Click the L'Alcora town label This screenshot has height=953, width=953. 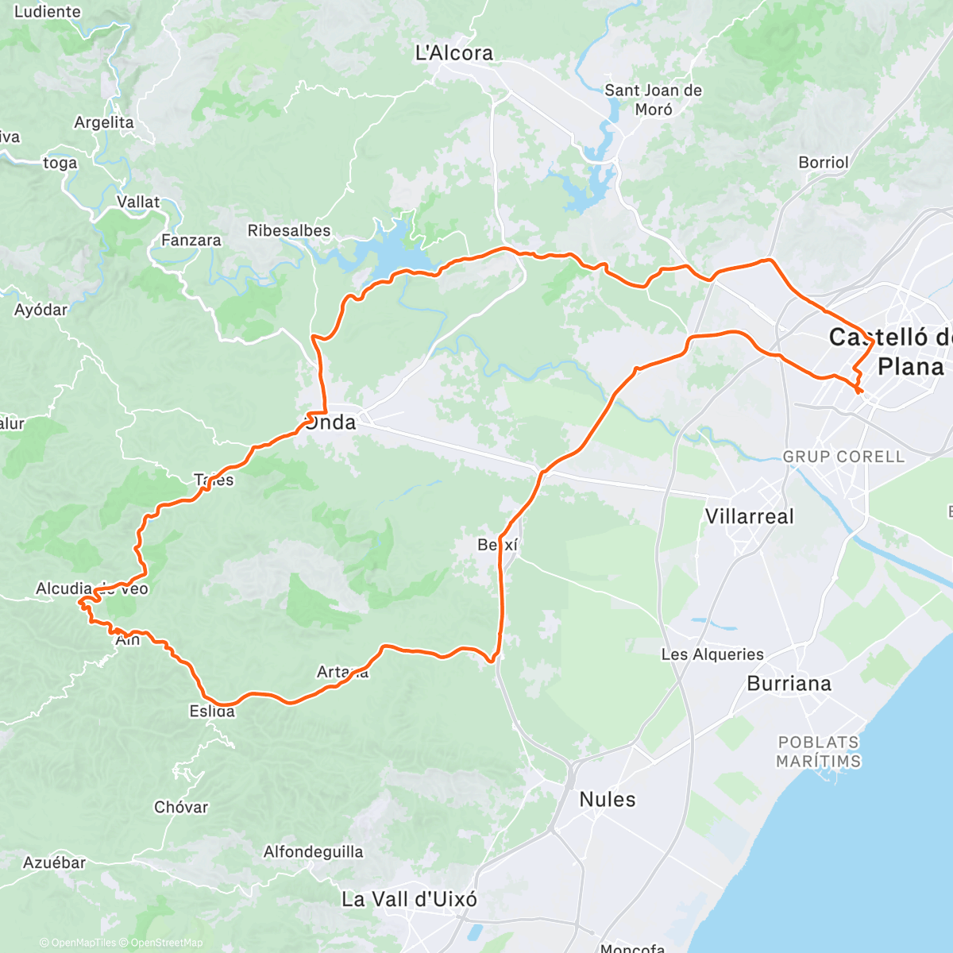click(x=454, y=53)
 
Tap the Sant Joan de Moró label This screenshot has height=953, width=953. click(x=653, y=100)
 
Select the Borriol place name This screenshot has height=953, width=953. click(x=824, y=163)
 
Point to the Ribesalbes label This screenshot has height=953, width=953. click(x=289, y=231)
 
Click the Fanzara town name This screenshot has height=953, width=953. click(x=191, y=240)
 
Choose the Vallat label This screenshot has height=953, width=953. click(x=138, y=202)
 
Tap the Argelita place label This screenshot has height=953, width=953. click(x=104, y=122)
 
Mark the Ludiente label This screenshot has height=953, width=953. click(x=48, y=12)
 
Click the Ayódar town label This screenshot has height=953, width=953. click(x=41, y=310)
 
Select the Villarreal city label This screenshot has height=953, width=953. click(x=749, y=517)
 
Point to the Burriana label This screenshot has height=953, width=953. click(x=789, y=684)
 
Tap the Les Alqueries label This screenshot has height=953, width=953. click(x=712, y=654)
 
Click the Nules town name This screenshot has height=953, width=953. click(x=608, y=800)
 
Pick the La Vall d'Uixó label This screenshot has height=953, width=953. click(x=409, y=900)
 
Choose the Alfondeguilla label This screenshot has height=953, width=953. click(x=314, y=852)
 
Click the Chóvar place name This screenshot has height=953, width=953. click(x=181, y=807)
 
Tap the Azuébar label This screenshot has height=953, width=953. click(x=54, y=862)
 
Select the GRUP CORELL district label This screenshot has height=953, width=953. click(x=843, y=457)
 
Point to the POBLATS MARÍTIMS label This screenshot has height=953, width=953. click(x=818, y=752)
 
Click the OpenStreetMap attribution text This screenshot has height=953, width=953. click(x=167, y=943)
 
